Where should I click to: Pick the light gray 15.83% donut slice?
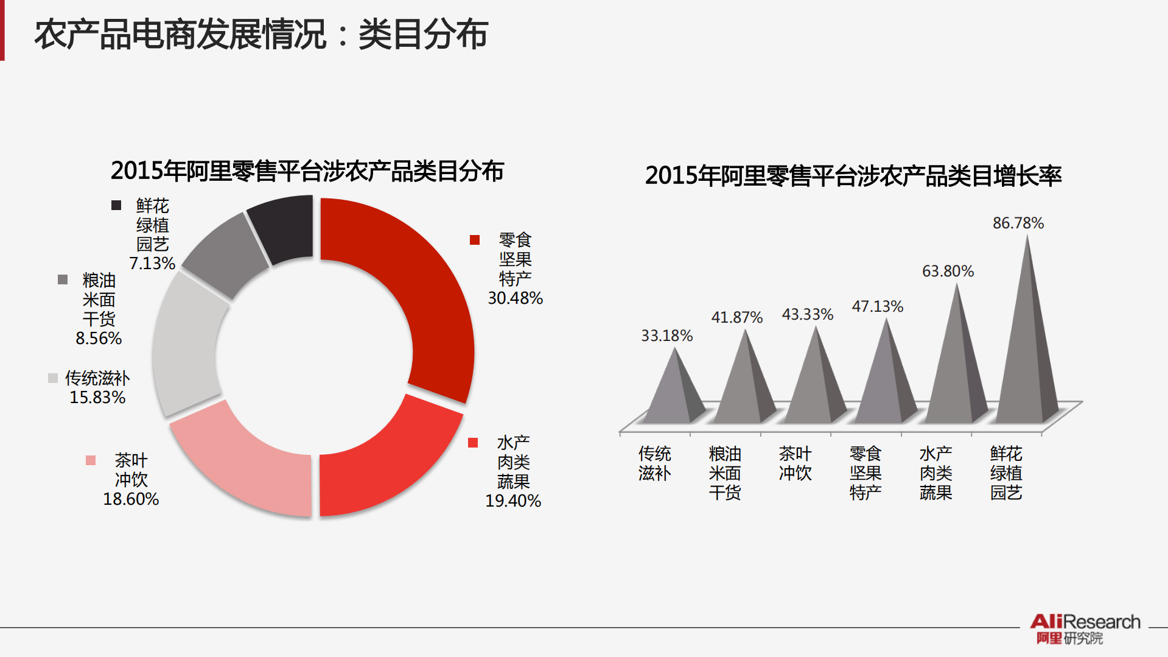click(x=186, y=347)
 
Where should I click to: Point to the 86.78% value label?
click(x=1018, y=223)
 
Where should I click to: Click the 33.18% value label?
click(x=666, y=336)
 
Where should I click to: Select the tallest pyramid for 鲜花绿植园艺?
click(x=1027, y=353)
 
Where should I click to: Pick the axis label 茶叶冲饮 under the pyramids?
click(x=795, y=463)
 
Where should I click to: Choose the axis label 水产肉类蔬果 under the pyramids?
click(x=935, y=473)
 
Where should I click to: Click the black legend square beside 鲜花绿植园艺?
click(x=116, y=205)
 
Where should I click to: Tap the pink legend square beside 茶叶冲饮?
click(x=91, y=460)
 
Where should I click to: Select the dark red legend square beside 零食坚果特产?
click(x=475, y=240)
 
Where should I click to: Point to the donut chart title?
click(x=307, y=171)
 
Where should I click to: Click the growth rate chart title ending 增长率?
click(x=853, y=176)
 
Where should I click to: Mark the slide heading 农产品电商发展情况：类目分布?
click(x=261, y=34)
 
